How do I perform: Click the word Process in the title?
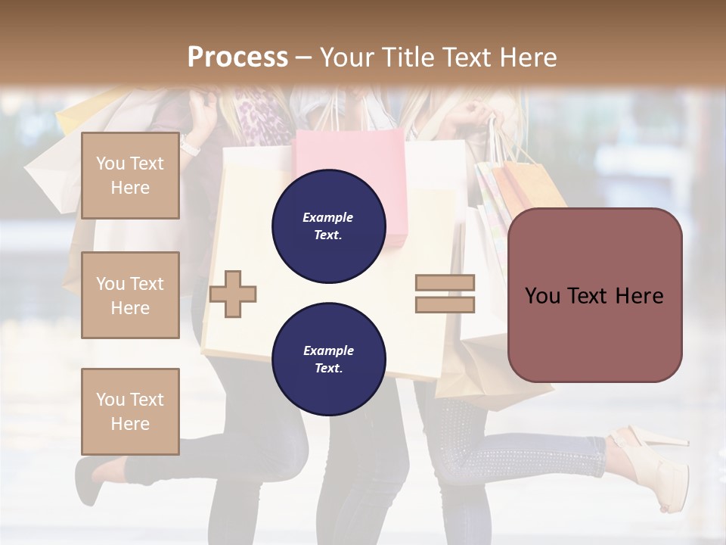click(237, 58)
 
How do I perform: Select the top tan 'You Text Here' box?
click(130, 176)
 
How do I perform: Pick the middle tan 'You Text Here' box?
click(130, 295)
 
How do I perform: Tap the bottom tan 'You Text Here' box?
click(130, 411)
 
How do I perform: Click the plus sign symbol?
click(233, 294)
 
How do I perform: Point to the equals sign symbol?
click(445, 294)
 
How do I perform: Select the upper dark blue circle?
click(328, 226)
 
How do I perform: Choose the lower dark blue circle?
click(328, 359)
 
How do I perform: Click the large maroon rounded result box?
click(594, 295)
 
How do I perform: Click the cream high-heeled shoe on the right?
click(654, 462)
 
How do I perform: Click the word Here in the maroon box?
click(639, 296)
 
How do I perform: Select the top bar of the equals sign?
click(445, 283)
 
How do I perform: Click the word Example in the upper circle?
click(328, 217)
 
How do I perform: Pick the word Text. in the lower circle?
click(328, 369)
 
